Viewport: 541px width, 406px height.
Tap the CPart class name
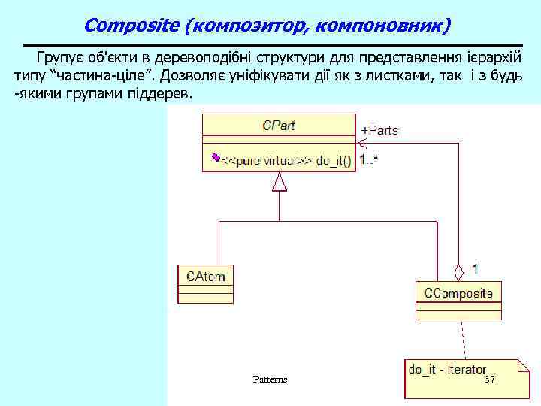278,126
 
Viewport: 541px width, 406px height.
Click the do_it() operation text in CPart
334,161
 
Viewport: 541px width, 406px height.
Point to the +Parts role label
379,130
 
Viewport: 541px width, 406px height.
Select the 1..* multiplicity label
368,159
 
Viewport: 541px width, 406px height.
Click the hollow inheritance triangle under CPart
280,182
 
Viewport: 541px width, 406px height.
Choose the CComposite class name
458,292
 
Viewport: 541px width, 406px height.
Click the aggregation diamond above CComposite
459,271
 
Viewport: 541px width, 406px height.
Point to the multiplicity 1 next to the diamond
476,268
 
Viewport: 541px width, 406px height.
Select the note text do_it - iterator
447,369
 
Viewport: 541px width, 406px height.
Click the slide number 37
490,380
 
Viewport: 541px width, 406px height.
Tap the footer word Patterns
270,380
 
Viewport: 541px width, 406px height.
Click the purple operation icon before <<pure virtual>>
216,157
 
